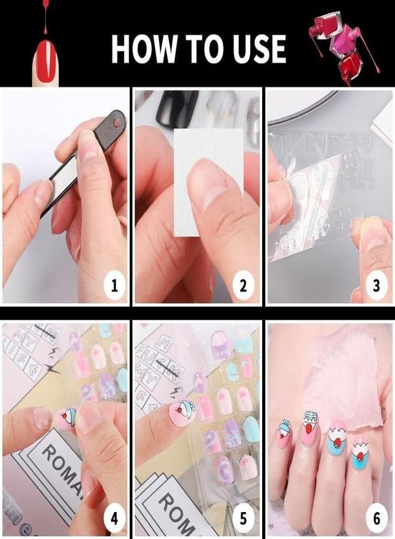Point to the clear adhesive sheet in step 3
point(317,198)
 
